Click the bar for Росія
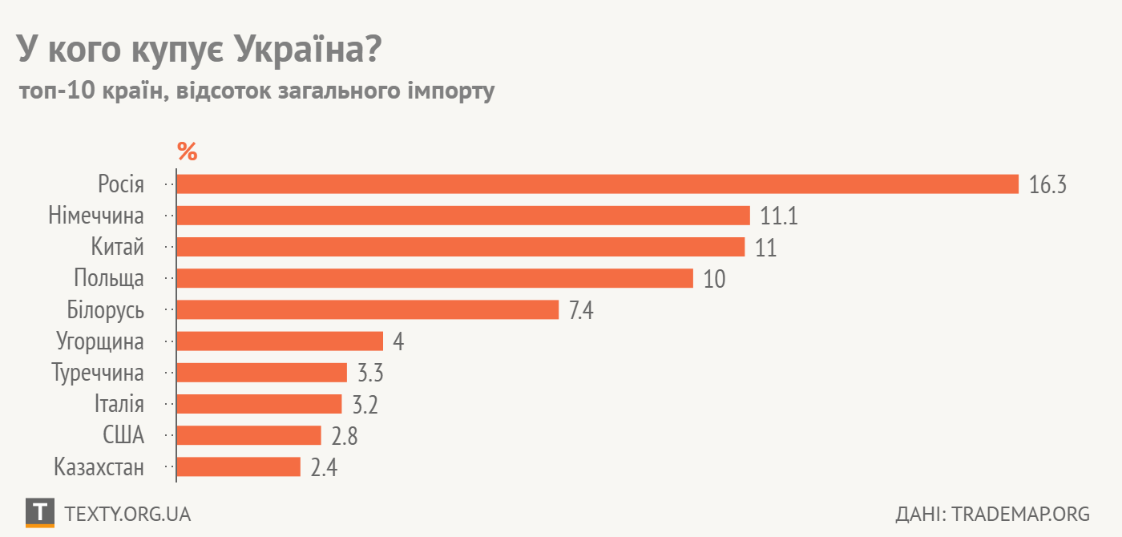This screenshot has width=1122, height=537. point(597,184)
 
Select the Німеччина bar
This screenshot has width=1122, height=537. point(463,216)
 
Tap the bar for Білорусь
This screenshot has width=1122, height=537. point(367,310)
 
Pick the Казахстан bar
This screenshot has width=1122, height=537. point(238,467)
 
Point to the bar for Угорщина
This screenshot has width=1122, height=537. point(280,341)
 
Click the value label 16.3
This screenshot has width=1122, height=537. point(1048,185)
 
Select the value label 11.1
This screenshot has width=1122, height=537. point(780,216)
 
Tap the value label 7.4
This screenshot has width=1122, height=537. point(580,311)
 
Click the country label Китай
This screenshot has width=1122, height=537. point(117,248)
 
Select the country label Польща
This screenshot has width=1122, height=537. point(109,279)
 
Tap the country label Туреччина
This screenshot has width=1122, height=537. point(98,373)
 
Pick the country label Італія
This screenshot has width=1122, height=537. point(118,405)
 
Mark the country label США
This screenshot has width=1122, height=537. point(123,436)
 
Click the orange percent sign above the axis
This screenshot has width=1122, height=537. point(187,151)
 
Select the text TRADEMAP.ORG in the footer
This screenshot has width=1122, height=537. point(1021,514)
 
